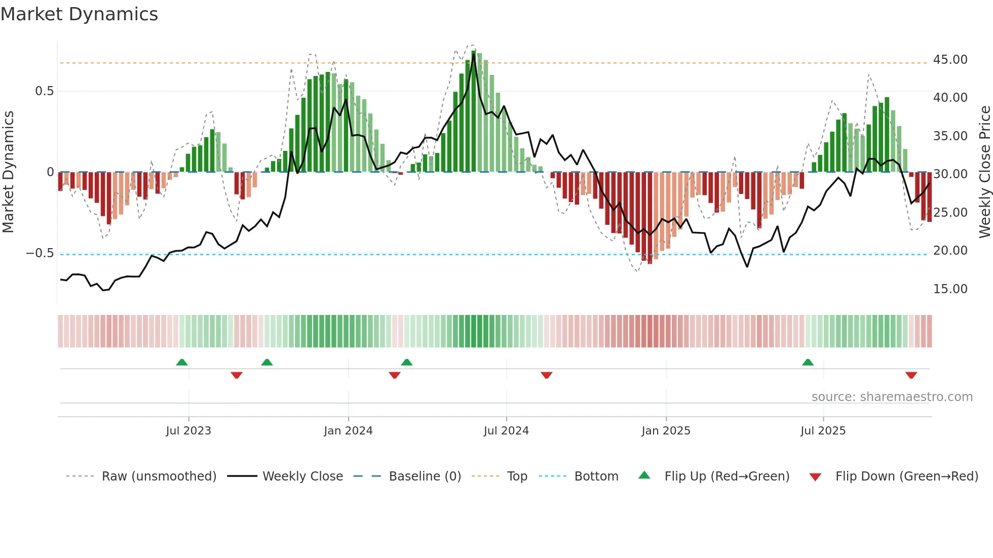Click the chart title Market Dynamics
click(79, 14)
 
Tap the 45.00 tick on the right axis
click(950, 60)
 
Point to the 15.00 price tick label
click(950, 289)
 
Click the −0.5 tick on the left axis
click(40, 253)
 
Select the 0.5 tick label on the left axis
click(44, 91)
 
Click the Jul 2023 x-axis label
click(188, 431)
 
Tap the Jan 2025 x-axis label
click(666, 431)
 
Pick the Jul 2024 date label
click(506, 431)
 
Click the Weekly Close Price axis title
click(984, 172)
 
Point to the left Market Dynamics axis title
click(8, 172)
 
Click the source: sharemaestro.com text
click(892, 397)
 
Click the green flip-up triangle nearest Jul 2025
click(808, 363)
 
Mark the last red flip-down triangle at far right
click(911, 375)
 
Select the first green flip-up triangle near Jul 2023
click(182, 363)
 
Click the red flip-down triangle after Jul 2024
click(546, 375)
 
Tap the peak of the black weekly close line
click(474, 55)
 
